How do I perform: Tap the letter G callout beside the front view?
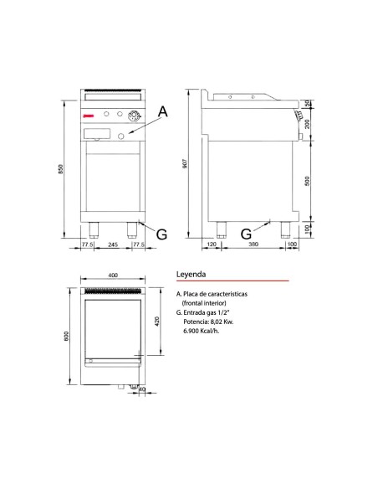[x=161, y=234]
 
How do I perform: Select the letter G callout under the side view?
[x=246, y=234]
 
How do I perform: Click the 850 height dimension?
[x=61, y=168]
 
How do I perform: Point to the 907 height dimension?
[x=185, y=165]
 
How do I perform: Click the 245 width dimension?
[x=111, y=244]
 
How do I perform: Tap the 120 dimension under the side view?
[x=212, y=244]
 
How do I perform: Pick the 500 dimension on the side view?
[x=307, y=181]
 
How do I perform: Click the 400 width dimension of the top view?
[x=113, y=277]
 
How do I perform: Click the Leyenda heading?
[x=192, y=274]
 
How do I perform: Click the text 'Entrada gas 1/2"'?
[x=209, y=312]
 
